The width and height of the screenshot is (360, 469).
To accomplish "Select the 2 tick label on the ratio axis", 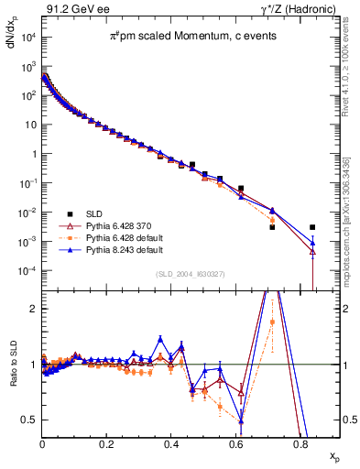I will coord(32,309).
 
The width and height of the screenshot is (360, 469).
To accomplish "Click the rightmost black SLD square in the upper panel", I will coord(312,227).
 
